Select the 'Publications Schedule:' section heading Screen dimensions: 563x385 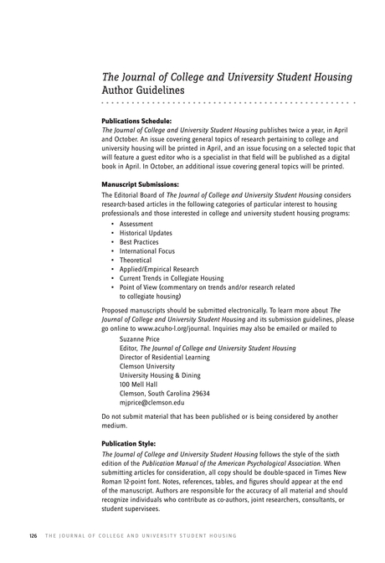pos(136,121)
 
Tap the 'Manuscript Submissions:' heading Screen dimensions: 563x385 pos(141,184)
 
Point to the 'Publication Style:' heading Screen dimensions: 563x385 pos(128,443)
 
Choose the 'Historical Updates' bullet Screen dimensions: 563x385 pos(147,234)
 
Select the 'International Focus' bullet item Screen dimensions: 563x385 pos(147,251)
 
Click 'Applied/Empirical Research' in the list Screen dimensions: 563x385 pos(159,270)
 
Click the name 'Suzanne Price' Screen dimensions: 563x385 pos(141,339)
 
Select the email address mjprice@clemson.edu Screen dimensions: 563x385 pos(152,402)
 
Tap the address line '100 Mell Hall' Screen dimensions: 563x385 pos(138,384)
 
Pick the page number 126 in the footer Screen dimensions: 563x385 pos(33,535)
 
